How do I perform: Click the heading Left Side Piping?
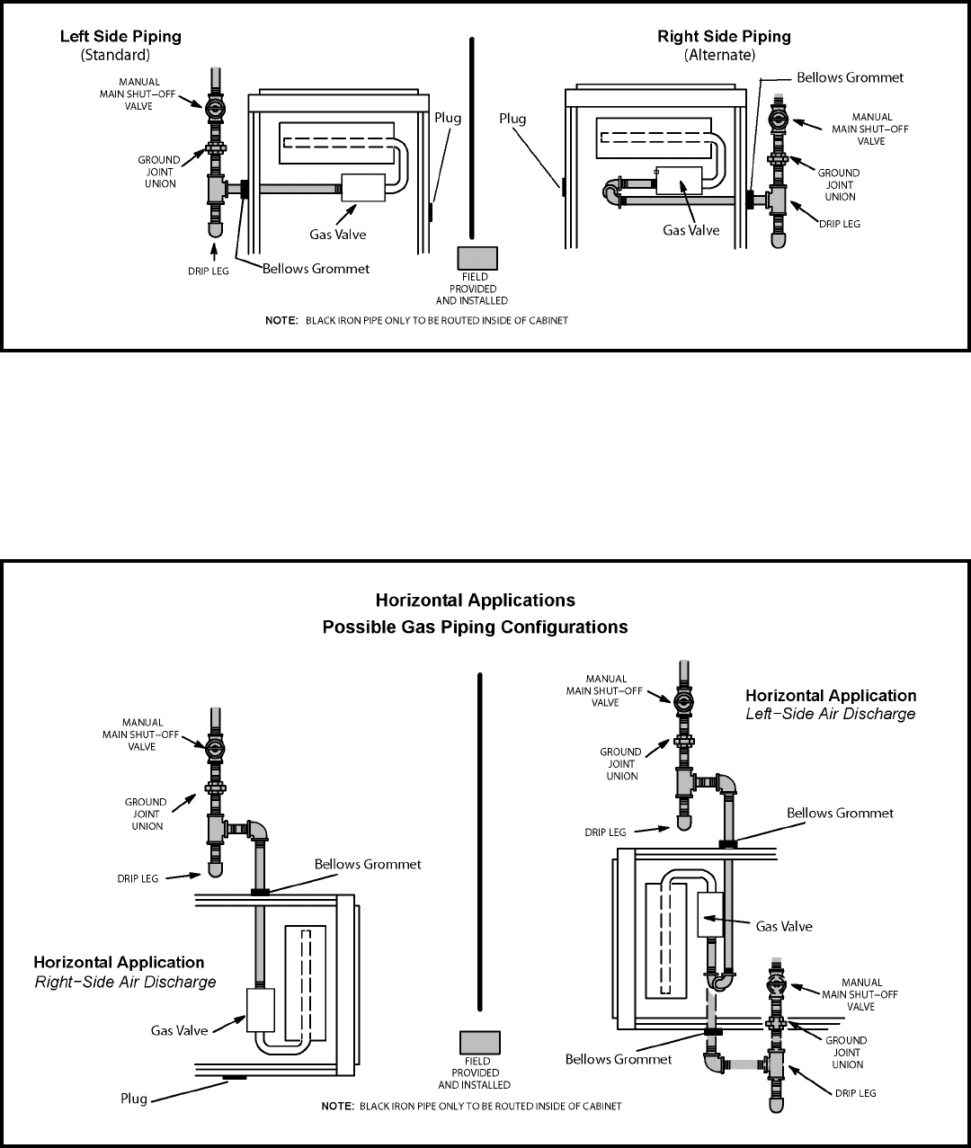120,37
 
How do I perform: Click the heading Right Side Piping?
724,37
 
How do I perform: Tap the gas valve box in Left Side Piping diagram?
362,188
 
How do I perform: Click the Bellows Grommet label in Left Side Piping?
316,269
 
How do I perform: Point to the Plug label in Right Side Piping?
513,119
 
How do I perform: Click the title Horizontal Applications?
475,600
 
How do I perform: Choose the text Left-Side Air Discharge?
831,714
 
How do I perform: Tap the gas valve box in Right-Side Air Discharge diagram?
259,1010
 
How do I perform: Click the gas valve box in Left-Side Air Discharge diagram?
710,915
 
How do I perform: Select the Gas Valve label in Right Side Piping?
690,230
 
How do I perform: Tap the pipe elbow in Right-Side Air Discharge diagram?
260,828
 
